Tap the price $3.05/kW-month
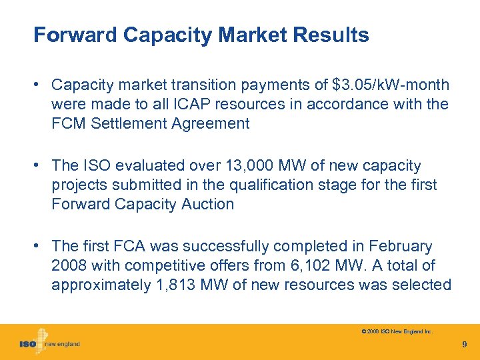tap(390, 85)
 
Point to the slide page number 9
tap(465, 345)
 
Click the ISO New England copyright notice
tap(396, 330)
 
